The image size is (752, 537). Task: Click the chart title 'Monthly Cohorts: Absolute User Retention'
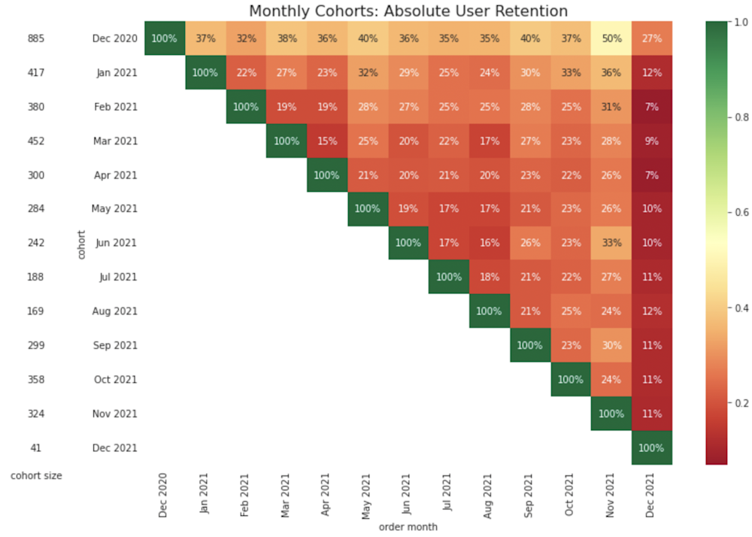[x=408, y=11]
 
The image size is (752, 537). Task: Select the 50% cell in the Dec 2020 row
[x=611, y=38]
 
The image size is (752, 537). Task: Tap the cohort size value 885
[x=35, y=38]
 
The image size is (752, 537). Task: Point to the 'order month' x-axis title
[x=408, y=526]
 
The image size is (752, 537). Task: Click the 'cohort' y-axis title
[x=81, y=244]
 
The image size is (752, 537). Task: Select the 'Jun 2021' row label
[x=117, y=243]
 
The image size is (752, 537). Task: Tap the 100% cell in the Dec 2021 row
[x=651, y=447]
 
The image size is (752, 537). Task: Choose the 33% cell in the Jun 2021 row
[x=611, y=243]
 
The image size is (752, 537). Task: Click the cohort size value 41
[x=35, y=447]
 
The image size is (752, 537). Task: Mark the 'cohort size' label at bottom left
[x=36, y=475]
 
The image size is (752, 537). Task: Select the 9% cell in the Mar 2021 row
[x=651, y=141]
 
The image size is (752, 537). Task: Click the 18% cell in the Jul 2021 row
[x=489, y=277]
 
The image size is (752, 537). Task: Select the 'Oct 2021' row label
[x=117, y=379]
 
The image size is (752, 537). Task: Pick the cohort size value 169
[x=35, y=311]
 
